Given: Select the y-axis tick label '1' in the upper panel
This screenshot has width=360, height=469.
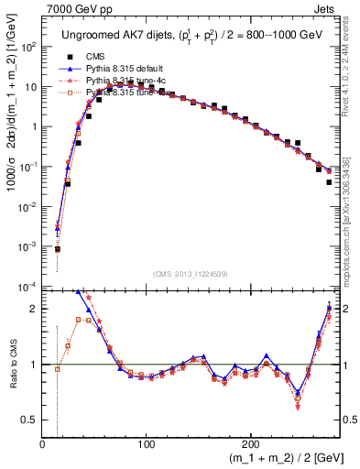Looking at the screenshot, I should point(34,126).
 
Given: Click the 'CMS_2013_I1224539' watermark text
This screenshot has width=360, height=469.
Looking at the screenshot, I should point(190,274).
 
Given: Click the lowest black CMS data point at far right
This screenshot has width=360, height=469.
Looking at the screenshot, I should point(329,182).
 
